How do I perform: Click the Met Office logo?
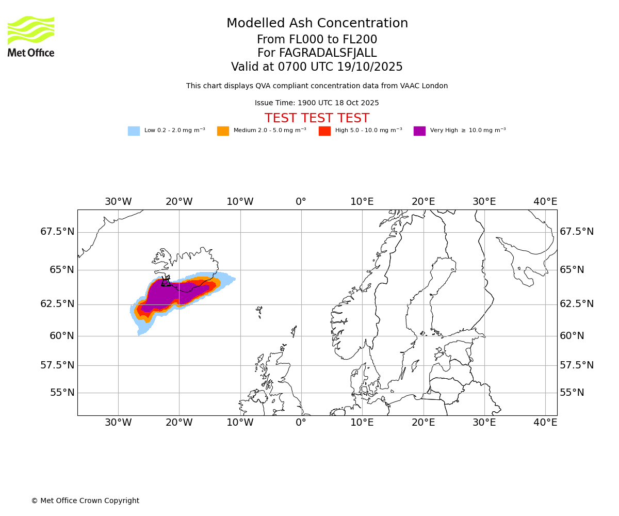[x=31, y=36]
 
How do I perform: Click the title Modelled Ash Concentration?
[x=317, y=24]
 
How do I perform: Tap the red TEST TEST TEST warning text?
[x=317, y=119]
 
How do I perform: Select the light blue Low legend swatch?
[x=134, y=131]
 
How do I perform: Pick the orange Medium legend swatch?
[x=223, y=131]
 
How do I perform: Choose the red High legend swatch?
[x=324, y=131]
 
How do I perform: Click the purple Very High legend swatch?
[x=419, y=131]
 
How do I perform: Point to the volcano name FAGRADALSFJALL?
[x=317, y=53]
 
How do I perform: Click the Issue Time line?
[x=317, y=103]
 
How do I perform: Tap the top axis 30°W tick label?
[x=118, y=202]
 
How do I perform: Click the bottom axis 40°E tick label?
[x=545, y=423]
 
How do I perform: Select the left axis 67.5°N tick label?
[x=57, y=232]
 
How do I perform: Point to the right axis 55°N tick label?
[x=572, y=393]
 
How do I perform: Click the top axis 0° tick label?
[x=301, y=202]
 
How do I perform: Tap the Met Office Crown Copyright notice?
[x=85, y=501]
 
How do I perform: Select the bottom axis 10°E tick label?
[x=362, y=423]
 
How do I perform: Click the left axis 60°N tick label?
[x=62, y=336]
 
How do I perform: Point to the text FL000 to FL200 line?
[x=317, y=40]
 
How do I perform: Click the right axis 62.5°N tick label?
[x=577, y=304]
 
